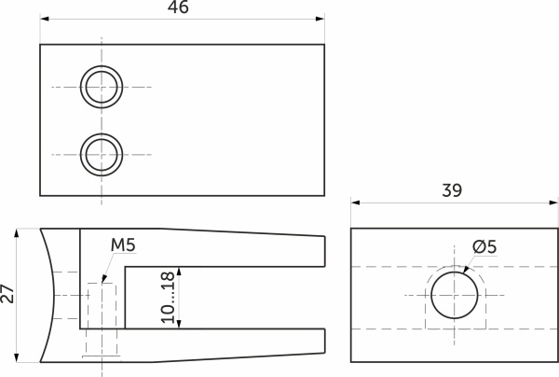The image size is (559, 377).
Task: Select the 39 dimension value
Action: [x=452, y=190]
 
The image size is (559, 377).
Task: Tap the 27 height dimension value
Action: [x=8, y=295]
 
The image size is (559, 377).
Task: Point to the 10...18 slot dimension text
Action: [x=168, y=297]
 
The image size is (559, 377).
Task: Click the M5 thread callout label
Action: [x=123, y=245]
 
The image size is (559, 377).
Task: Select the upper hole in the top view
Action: [x=101, y=87]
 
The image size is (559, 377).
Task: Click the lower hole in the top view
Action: [x=101, y=153]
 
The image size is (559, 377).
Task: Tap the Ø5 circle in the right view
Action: [x=454, y=295]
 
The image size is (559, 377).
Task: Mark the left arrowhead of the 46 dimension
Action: [x=44, y=18]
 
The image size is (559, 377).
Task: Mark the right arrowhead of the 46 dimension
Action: [x=320, y=18]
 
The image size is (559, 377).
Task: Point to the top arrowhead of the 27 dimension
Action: [x=18, y=232]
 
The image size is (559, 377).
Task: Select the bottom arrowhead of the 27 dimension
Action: [x=18, y=357]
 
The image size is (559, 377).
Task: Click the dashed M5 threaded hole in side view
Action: [x=102, y=317]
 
